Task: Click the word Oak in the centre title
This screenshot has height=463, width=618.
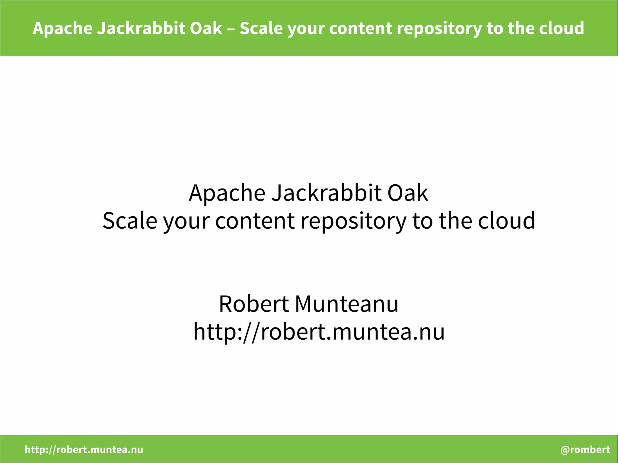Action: click(x=407, y=193)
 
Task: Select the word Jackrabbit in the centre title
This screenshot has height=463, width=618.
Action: click(x=326, y=193)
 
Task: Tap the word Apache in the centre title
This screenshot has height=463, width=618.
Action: click(x=227, y=193)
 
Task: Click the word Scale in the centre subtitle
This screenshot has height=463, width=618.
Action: click(x=130, y=220)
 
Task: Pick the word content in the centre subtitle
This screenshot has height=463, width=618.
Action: click(x=255, y=220)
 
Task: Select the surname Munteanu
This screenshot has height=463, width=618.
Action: click(x=347, y=304)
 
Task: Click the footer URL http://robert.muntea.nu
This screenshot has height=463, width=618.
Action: click(x=84, y=450)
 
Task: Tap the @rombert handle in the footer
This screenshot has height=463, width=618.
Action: click(x=585, y=450)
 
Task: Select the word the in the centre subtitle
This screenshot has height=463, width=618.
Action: click(x=455, y=220)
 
